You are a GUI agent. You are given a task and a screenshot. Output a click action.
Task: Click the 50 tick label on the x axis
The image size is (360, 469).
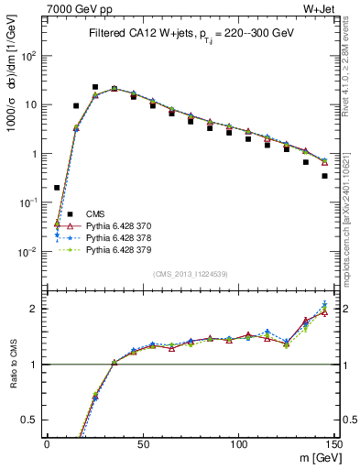(x=143, y=445)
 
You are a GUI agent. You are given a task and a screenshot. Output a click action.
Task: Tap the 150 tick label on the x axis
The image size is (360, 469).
(x=335, y=445)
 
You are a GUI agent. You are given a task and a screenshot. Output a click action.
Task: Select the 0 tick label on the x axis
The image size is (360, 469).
(x=47, y=445)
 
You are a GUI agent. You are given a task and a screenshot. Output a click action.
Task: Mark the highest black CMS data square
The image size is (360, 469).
(x=95, y=87)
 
